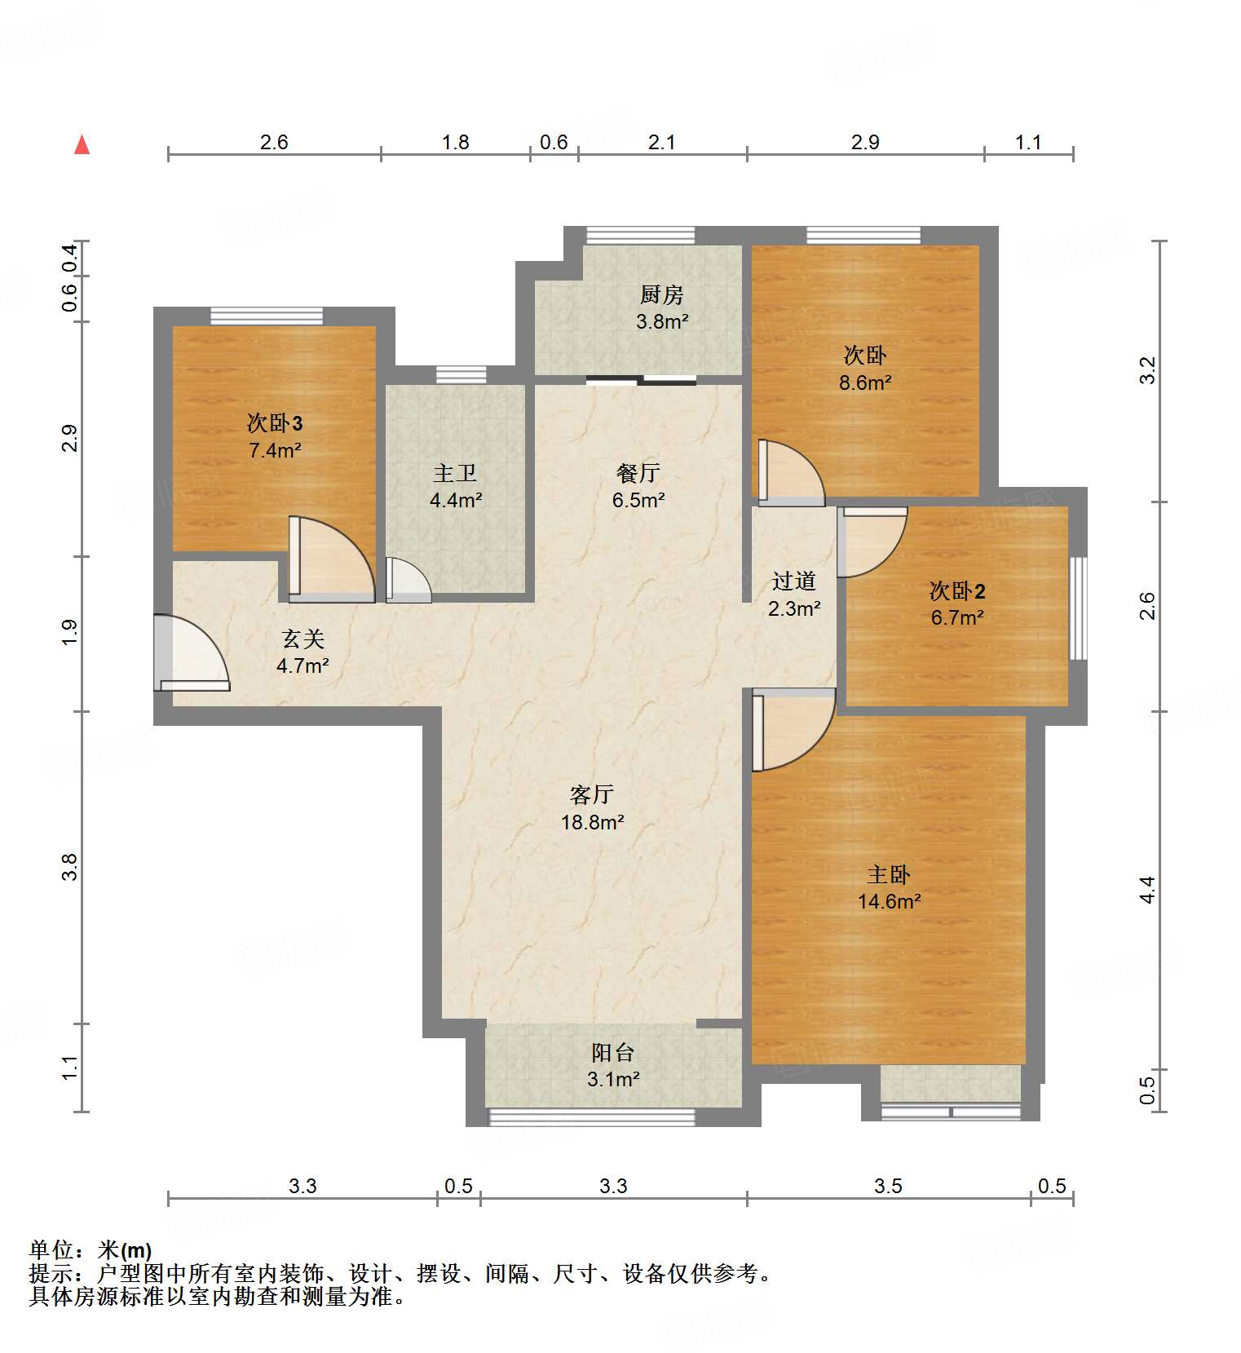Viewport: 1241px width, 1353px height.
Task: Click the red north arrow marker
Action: click(x=82, y=145)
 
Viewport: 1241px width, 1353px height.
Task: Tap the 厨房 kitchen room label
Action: click(x=661, y=294)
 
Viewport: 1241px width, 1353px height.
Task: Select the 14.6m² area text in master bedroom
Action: click(x=889, y=901)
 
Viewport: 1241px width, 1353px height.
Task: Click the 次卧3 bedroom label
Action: click(x=275, y=423)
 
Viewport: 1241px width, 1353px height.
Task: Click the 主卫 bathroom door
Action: click(x=406, y=581)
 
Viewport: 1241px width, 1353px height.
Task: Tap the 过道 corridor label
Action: click(x=793, y=581)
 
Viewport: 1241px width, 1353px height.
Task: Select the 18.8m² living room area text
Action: click(x=592, y=822)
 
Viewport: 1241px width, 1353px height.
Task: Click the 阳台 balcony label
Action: click(x=612, y=1052)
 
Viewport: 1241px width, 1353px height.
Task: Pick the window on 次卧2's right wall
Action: click(x=1078, y=608)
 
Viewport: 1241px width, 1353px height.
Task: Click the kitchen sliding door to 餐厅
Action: click(x=641, y=379)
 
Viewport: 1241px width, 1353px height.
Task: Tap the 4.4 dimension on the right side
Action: click(x=1148, y=889)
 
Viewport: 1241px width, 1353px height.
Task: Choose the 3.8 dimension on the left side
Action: click(x=71, y=866)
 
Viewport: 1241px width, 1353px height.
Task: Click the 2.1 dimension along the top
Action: click(x=661, y=143)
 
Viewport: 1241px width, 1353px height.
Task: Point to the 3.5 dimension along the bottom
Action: click(x=888, y=1186)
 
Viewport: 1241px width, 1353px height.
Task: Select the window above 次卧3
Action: click(x=267, y=316)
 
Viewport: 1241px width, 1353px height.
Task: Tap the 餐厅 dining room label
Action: click(x=638, y=473)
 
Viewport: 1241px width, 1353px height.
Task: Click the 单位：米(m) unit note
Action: click(x=91, y=1249)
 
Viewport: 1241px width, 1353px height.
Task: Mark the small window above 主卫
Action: click(x=461, y=374)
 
